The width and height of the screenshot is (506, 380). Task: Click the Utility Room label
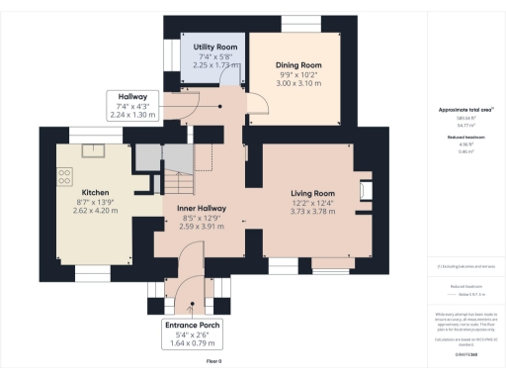pos(214,47)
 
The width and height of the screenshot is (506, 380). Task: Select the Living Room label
pos(312,193)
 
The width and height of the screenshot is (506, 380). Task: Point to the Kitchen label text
pos(95,192)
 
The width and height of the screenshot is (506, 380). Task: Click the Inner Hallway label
pos(202,210)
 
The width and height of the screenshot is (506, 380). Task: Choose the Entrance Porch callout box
pos(194,332)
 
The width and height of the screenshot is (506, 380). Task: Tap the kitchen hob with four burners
pos(65,177)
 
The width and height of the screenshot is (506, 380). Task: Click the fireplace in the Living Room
pos(365,191)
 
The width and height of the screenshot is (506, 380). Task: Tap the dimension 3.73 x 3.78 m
pos(312,212)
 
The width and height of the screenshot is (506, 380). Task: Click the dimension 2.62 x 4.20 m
pos(95,211)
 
